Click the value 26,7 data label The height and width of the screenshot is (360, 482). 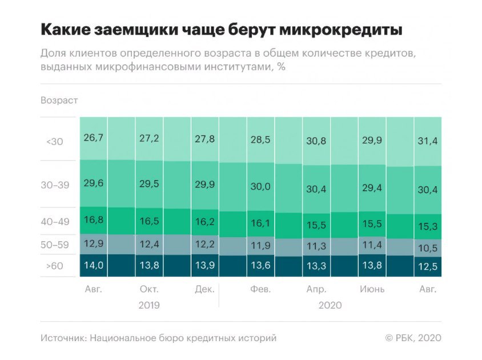(x=93, y=139)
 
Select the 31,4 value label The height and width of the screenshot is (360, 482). (x=427, y=141)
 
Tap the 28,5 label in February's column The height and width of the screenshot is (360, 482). (x=260, y=139)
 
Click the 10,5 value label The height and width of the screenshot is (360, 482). (x=427, y=248)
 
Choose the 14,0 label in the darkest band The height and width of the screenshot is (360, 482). (x=93, y=265)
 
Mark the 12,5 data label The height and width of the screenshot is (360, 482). (x=427, y=266)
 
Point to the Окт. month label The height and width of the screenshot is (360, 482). (x=149, y=289)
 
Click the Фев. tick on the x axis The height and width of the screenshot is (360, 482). (x=260, y=289)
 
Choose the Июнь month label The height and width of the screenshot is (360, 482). (x=372, y=289)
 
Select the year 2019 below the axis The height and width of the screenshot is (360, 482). (x=149, y=305)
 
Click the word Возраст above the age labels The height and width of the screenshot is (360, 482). (x=59, y=101)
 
